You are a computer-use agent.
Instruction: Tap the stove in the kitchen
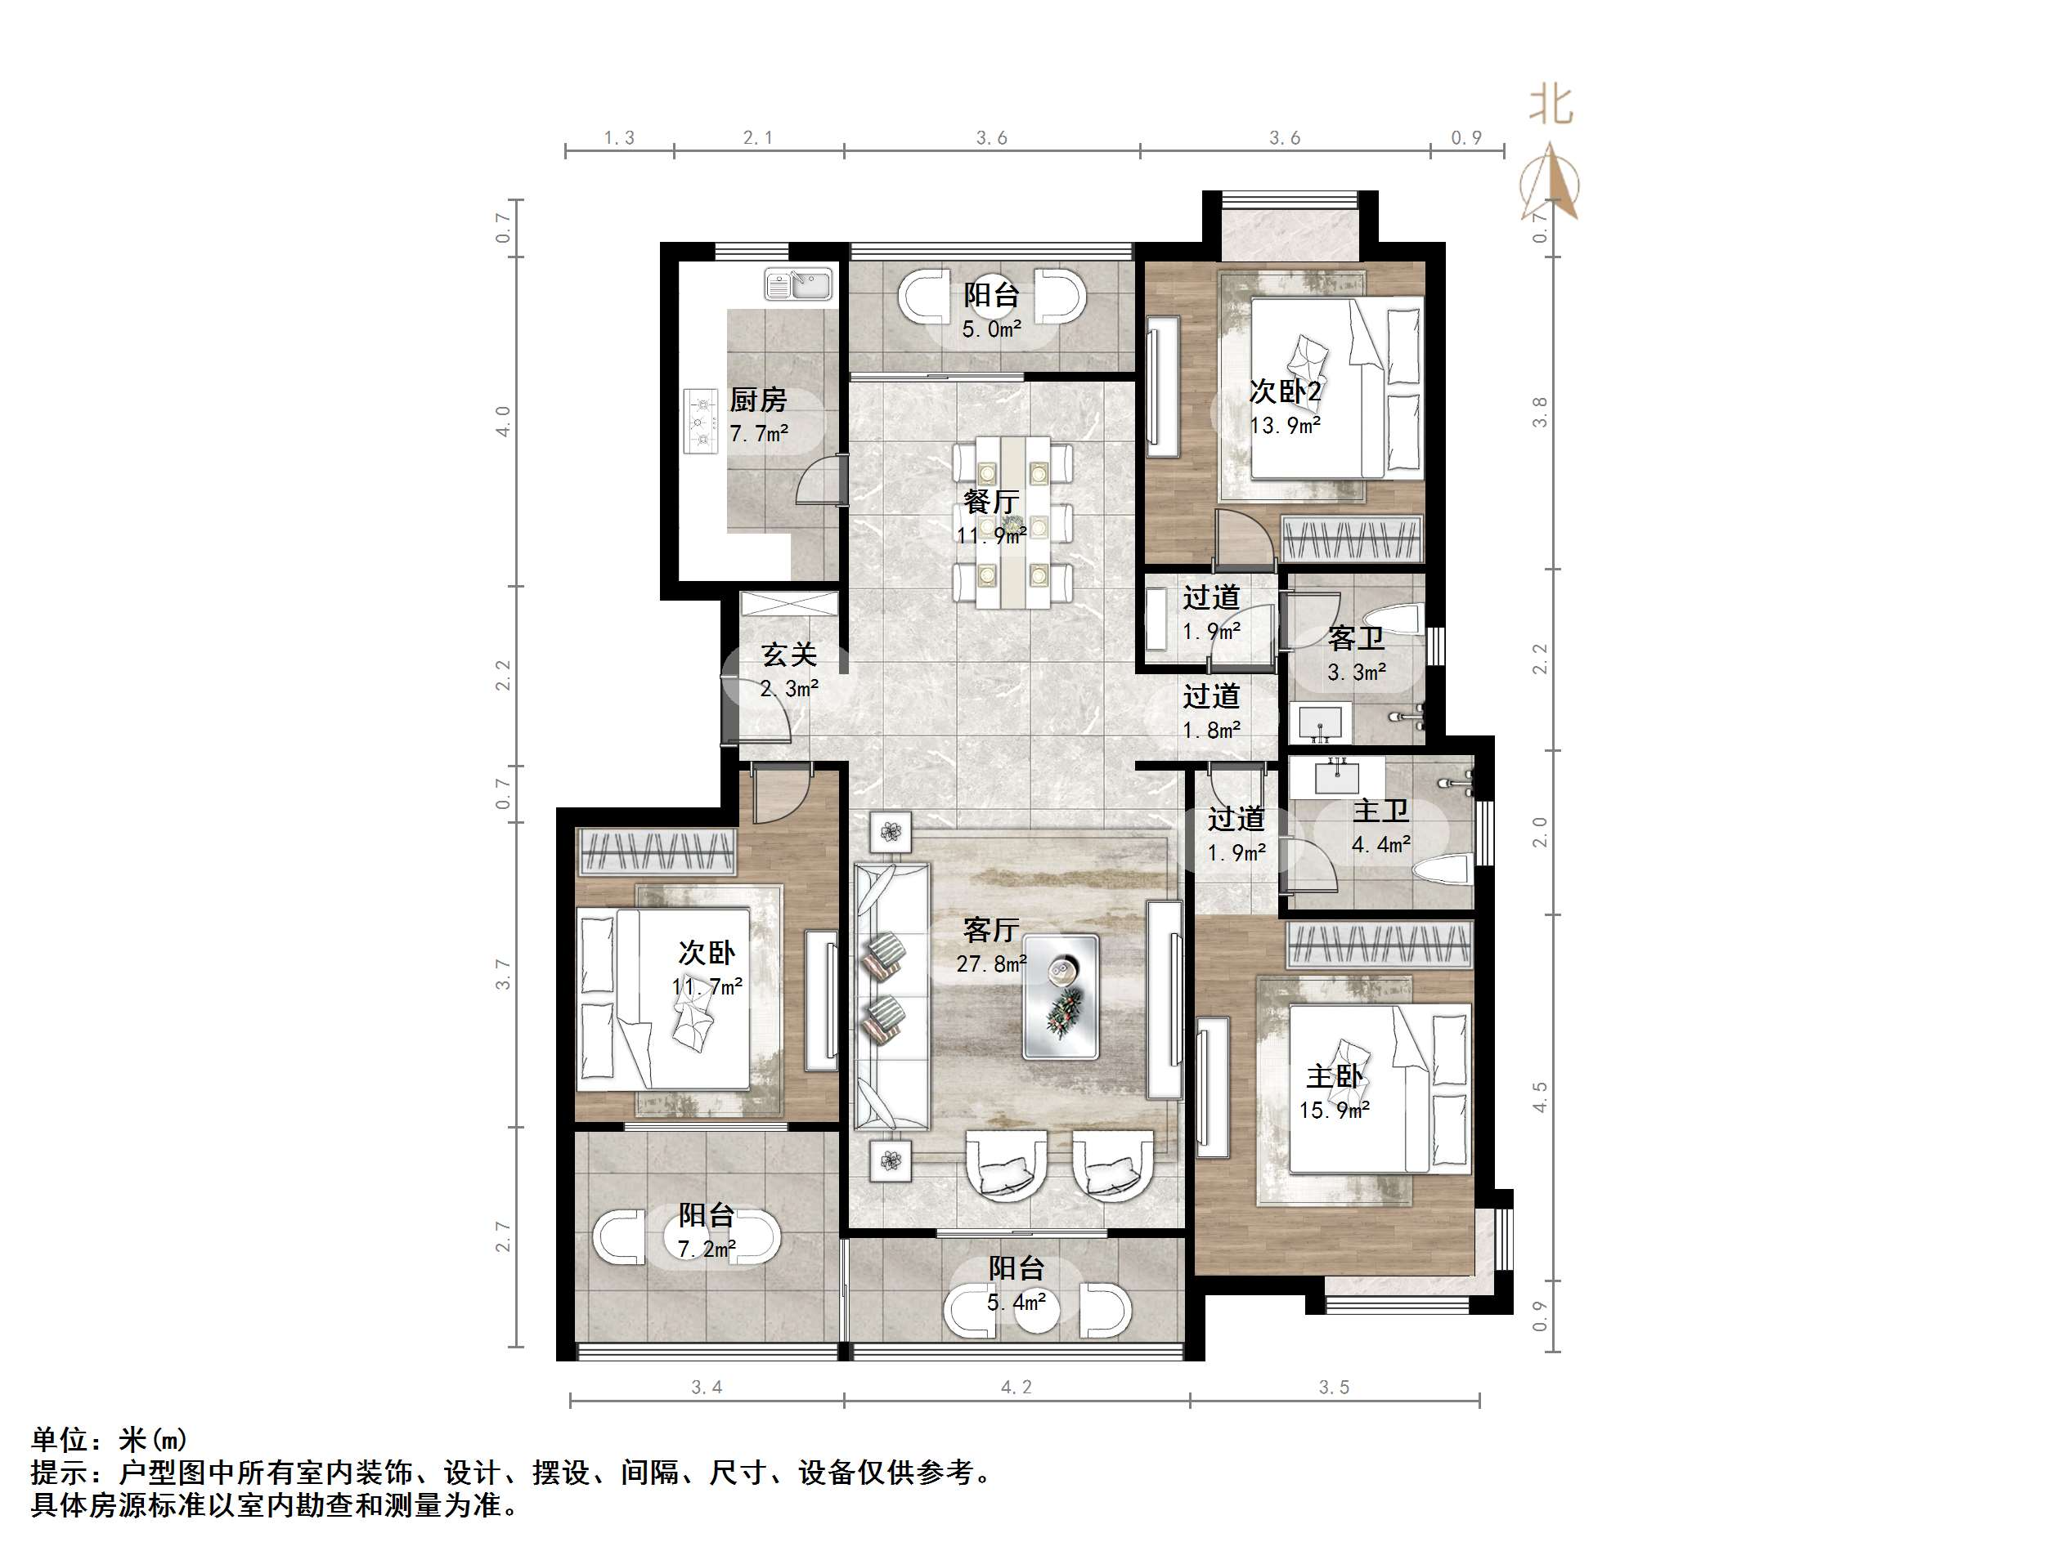pyautogui.click(x=701, y=422)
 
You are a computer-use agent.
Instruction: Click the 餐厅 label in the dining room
pyautogui.click(x=990, y=501)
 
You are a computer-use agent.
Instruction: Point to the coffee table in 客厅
pyautogui.click(x=1060, y=997)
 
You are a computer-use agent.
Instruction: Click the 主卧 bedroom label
pyautogui.click(x=1334, y=1076)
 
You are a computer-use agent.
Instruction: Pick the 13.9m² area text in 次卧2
pyautogui.click(x=1286, y=426)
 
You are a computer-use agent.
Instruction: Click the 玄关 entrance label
pyautogui.click(x=788, y=655)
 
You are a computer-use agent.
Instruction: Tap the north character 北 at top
pyautogui.click(x=1551, y=105)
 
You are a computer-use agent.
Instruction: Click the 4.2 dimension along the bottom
pyautogui.click(x=1016, y=1388)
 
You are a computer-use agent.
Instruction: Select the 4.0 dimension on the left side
pyautogui.click(x=503, y=422)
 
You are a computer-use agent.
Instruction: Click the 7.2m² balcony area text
pyautogui.click(x=707, y=1249)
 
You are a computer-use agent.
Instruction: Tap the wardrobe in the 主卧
pyautogui.click(x=1379, y=945)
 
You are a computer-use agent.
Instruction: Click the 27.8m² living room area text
pyautogui.click(x=990, y=963)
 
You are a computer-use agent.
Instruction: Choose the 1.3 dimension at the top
pyautogui.click(x=618, y=138)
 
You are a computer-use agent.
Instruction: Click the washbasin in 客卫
pyautogui.click(x=1320, y=722)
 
